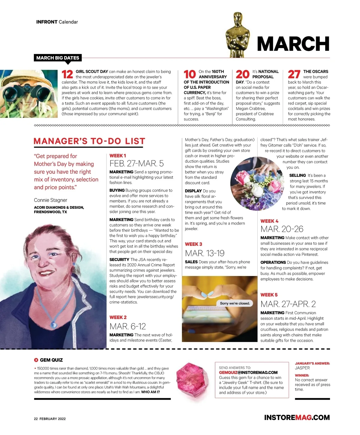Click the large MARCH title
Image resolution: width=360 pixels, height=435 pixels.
coord(293,44)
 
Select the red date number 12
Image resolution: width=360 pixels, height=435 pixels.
coord(67,74)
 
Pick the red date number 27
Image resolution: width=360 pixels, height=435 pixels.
coord(294,74)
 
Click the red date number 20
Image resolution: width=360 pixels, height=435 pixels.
coord(242,74)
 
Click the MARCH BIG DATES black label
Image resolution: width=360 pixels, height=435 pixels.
coord(58,58)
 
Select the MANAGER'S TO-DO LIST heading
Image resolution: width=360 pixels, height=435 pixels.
coord(89,141)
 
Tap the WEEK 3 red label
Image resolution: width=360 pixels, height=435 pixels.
coord(193,244)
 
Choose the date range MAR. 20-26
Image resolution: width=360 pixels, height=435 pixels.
coord(282,229)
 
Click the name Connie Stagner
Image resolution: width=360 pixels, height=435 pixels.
coord(50,200)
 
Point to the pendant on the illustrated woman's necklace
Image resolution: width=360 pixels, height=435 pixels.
coord(54,324)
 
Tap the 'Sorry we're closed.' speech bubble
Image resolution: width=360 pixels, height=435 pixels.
coord(235,303)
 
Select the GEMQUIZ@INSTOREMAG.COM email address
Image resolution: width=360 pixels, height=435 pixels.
coord(248,373)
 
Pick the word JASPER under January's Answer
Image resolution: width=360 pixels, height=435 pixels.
coord(302,368)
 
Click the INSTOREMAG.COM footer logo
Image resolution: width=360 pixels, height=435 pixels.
coord(297,418)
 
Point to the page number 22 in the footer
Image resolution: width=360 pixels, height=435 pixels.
coord(36,419)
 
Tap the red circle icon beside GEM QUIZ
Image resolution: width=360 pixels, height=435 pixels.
coord(36,360)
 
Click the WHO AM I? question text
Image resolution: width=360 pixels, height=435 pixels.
coord(150,392)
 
